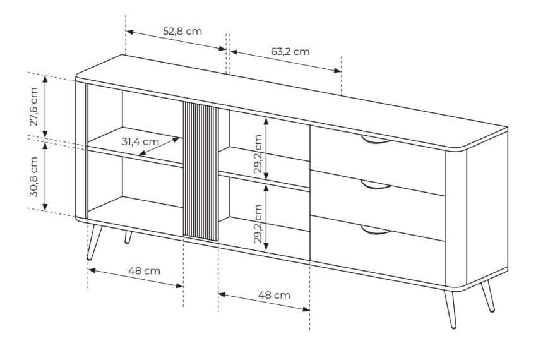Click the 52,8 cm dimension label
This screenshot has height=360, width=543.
pos(182,31)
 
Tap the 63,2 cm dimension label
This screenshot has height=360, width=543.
pos(290,51)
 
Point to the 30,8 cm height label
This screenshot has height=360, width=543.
pos(33,177)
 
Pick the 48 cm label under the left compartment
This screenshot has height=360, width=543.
pos(144,270)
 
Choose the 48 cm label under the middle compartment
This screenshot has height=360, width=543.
pos(274,295)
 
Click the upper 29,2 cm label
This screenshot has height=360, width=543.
pos(258,154)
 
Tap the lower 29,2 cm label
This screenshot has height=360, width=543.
pos(258,224)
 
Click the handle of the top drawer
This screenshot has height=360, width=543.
pos(376,141)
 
